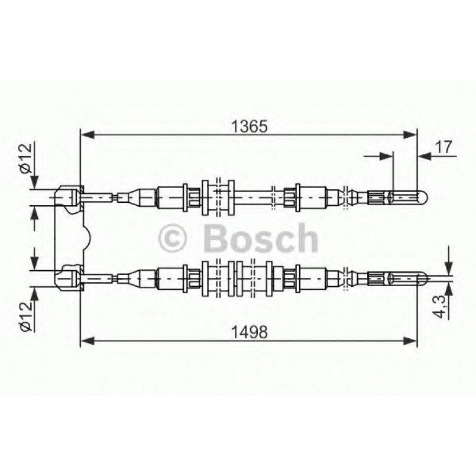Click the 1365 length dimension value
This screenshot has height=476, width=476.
[x=250, y=127]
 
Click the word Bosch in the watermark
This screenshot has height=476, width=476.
[x=260, y=238]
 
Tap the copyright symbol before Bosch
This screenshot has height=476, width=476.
[x=173, y=239]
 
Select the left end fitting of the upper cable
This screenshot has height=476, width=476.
[x=70, y=197]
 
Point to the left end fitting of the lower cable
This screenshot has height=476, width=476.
[x=70, y=278]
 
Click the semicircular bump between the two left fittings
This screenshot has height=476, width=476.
[x=86, y=237]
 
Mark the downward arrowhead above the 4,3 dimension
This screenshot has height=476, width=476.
[x=449, y=269]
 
